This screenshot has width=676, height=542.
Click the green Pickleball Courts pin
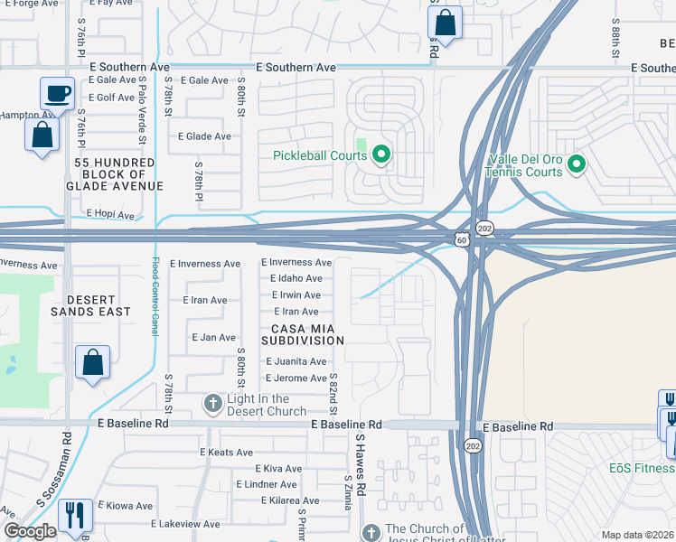pyautogui.click(x=380, y=155)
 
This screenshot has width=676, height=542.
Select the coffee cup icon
pyautogui.click(x=57, y=93)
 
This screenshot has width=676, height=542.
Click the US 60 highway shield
pyautogui.click(x=462, y=240)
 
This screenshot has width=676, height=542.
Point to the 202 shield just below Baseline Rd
pyautogui.click(x=473, y=445)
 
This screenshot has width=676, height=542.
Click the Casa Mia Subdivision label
pyautogui.click(x=303, y=333)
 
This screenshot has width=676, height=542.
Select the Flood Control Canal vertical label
pyautogui.click(x=155, y=296)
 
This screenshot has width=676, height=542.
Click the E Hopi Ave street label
pyautogui.click(x=110, y=216)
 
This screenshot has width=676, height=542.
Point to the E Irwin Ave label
pyautogui.click(x=296, y=295)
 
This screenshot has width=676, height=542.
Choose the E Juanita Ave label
pyautogui.click(x=296, y=361)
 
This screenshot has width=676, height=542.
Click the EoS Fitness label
pyautogui.click(x=641, y=468)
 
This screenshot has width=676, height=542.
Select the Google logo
pyautogui.click(x=30, y=531)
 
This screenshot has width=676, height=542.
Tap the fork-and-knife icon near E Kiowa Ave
pyautogui.click(x=74, y=516)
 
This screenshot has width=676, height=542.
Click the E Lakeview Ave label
pyautogui.click(x=185, y=524)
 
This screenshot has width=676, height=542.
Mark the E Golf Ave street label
pyautogui.click(x=111, y=98)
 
